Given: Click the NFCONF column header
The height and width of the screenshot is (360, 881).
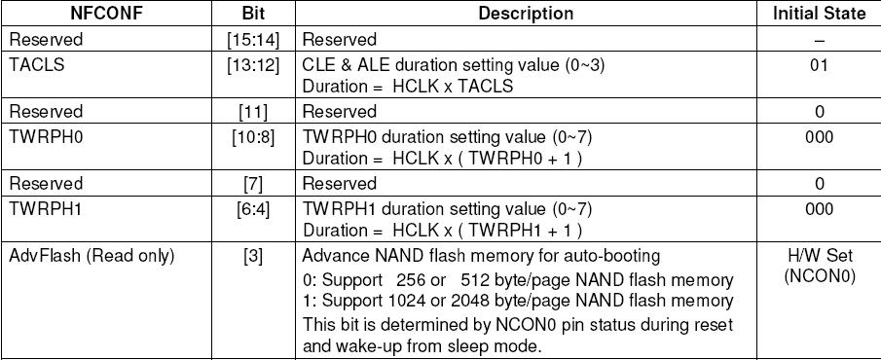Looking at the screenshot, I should pyautogui.click(x=98, y=15).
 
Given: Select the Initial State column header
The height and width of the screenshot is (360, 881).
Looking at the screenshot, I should pyautogui.click(x=820, y=15).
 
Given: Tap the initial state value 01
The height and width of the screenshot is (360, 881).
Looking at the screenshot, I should pyautogui.click(x=819, y=64).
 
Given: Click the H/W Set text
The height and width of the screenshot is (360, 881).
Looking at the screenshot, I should pyautogui.click(x=820, y=256).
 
